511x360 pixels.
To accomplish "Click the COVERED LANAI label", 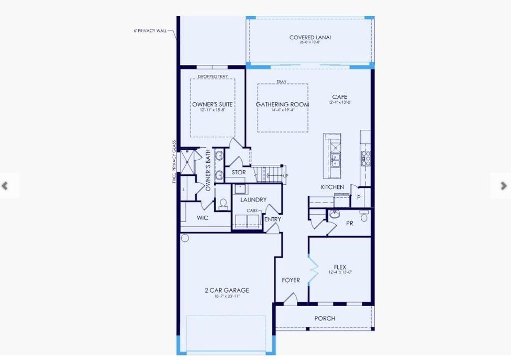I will (x=310, y=37).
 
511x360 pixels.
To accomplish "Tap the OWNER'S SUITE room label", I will (x=213, y=104).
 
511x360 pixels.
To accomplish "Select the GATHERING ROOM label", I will (x=282, y=104).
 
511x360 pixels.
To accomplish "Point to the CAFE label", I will (x=340, y=97).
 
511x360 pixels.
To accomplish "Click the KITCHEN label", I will (x=332, y=187).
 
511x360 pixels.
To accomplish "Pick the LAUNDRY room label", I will (x=254, y=200).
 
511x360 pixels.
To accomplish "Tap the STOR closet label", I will (x=239, y=173).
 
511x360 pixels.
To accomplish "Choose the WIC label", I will (x=203, y=218).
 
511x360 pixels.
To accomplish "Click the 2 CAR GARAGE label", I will (x=227, y=290).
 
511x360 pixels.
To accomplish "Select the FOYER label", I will (x=291, y=280).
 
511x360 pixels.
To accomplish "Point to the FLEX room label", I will (x=340, y=267).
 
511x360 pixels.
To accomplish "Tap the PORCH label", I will (x=325, y=318).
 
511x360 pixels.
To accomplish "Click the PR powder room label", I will (x=349, y=223).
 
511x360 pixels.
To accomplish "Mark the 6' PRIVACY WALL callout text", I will (x=150, y=31).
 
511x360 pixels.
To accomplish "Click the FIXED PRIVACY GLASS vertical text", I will (x=175, y=161).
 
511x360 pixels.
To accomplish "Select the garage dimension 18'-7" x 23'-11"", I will (x=227, y=296).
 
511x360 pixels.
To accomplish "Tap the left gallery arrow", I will (x=5, y=186).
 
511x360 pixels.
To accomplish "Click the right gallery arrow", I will (x=503, y=186).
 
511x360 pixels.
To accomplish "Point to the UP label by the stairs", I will (x=285, y=176).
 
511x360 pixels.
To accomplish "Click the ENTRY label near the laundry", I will (x=272, y=219).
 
